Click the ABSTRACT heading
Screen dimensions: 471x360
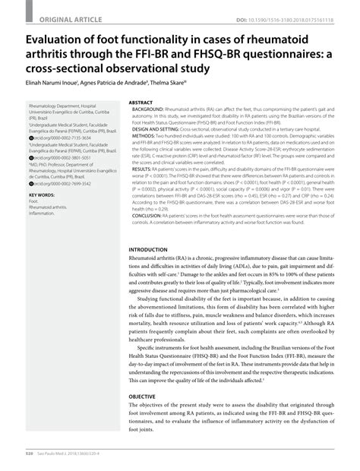point(141,102)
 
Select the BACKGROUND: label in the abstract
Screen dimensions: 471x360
point(151,108)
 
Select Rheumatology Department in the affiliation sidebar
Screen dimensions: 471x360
point(52,106)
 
